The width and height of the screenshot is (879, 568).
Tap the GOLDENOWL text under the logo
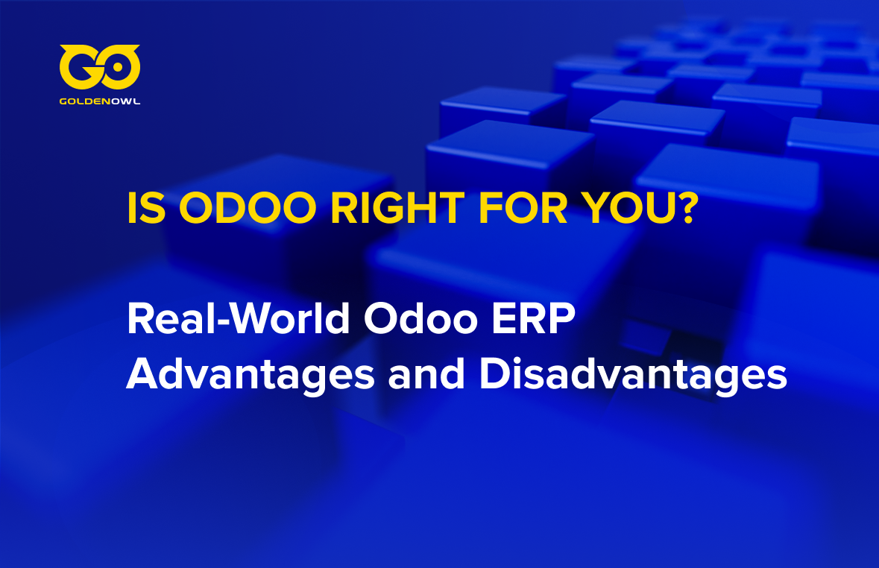click(x=100, y=101)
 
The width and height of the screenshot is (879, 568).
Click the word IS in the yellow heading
click(x=146, y=208)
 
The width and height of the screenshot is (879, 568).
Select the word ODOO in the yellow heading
click(x=248, y=208)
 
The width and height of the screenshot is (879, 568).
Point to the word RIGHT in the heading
click(x=397, y=208)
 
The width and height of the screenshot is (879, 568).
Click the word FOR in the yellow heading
click(x=523, y=208)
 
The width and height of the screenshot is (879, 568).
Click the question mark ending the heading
click(x=688, y=207)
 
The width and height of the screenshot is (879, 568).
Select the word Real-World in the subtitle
click(x=239, y=319)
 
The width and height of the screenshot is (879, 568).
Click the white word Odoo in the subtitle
click(x=420, y=319)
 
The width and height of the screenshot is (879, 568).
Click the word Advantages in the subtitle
click(x=250, y=374)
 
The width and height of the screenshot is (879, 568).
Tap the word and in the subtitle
click(x=426, y=374)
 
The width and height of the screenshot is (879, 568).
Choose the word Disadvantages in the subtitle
click(x=634, y=374)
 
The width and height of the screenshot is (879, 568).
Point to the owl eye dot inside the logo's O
click(x=119, y=67)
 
